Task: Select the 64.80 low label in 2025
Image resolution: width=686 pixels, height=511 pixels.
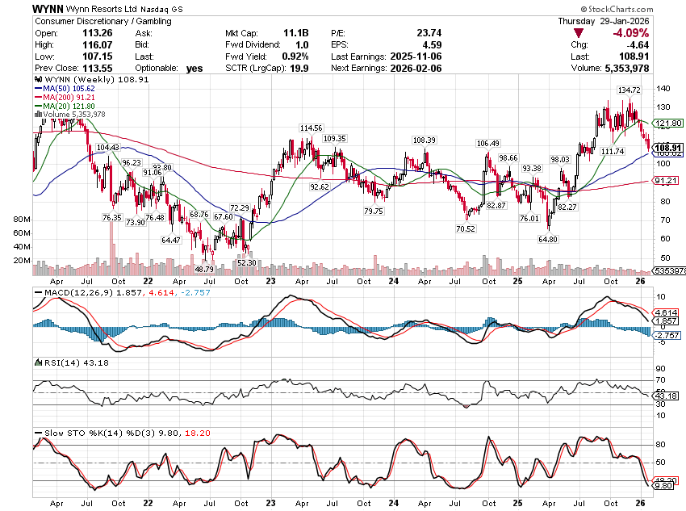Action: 549,239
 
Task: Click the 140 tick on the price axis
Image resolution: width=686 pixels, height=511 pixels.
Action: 664,88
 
